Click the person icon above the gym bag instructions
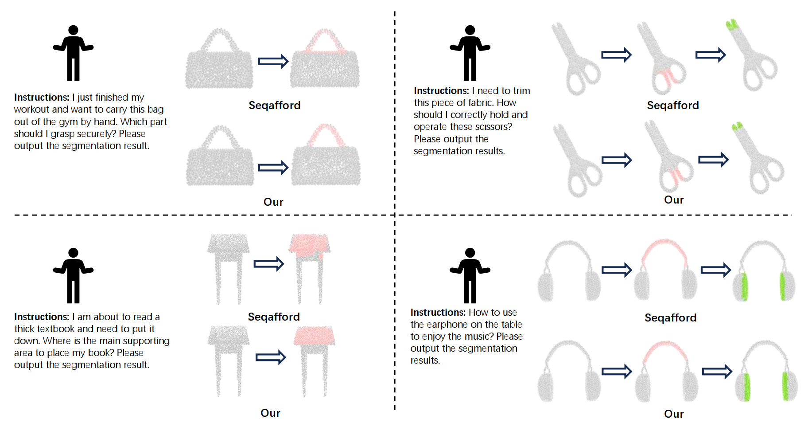coord(73,53)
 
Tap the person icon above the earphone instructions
coord(470,275)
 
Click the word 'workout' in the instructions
coord(31,109)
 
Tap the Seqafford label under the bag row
coord(275,105)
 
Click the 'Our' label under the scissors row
coord(674,200)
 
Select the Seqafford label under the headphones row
coord(671,317)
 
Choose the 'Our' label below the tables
coord(270,413)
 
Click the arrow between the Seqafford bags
coord(273,61)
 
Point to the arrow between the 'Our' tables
coord(271,357)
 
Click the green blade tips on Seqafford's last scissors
coord(732,25)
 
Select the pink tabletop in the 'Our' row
coord(314,336)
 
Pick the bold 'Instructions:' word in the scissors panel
coord(441,90)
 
